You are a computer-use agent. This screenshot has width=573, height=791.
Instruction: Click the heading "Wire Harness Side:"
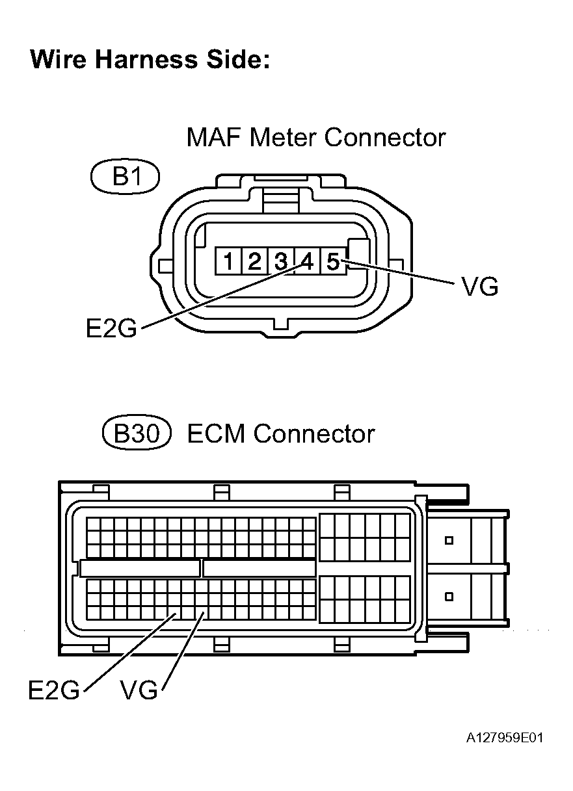[x=150, y=60]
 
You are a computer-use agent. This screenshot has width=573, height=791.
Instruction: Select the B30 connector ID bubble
[x=137, y=434]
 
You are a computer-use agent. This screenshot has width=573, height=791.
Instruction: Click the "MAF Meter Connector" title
[x=315, y=138]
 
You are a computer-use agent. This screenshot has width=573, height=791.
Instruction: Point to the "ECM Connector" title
[x=281, y=434]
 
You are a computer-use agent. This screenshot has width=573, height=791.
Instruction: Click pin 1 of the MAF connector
[x=228, y=262]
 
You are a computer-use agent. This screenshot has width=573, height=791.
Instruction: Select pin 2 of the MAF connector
[x=254, y=262]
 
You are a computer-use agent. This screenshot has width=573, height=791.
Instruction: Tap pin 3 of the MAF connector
[x=280, y=262]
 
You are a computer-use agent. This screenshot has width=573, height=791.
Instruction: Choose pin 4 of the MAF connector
[x=306, y=262]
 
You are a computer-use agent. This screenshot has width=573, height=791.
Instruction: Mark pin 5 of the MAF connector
[x=332, y=262]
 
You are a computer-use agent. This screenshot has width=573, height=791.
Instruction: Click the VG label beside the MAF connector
[x=479, y=287]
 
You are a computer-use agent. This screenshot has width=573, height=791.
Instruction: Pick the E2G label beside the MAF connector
[x=112, y=328]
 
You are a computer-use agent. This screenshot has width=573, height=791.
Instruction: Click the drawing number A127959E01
[x=504, y=738]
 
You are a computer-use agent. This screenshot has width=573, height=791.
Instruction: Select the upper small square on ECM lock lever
[x=448, y=540]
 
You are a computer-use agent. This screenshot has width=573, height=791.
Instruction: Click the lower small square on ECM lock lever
[x=448, y=596]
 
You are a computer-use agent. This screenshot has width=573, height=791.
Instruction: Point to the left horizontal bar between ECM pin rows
[x=140, y=568]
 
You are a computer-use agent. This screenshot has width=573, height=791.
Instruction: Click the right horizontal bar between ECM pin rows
[x=259, y=568]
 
